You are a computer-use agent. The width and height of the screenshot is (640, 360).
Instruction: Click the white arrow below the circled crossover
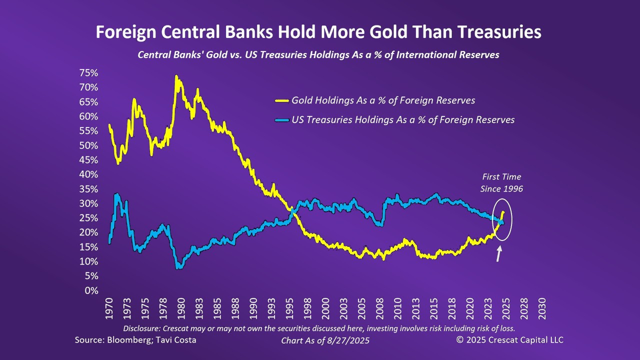[x=498, y=254]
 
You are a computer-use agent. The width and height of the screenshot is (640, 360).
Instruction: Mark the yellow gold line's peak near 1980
[x=176, y=76]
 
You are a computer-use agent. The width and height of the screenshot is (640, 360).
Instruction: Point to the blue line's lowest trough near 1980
[x=178, y=267]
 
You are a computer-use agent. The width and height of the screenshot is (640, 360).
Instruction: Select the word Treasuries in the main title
[x=499, y=32]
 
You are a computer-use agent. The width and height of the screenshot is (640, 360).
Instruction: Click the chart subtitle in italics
[x=318, y=55]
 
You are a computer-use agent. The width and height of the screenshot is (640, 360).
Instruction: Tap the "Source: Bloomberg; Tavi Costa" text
[x=135, y=340]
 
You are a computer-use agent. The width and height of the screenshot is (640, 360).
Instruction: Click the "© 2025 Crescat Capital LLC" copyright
[x=509, y=340]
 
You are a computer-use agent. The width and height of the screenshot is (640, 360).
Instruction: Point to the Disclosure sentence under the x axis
[x=319, y=328]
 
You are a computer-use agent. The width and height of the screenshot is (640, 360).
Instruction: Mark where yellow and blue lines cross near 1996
[x=292, y=210]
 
